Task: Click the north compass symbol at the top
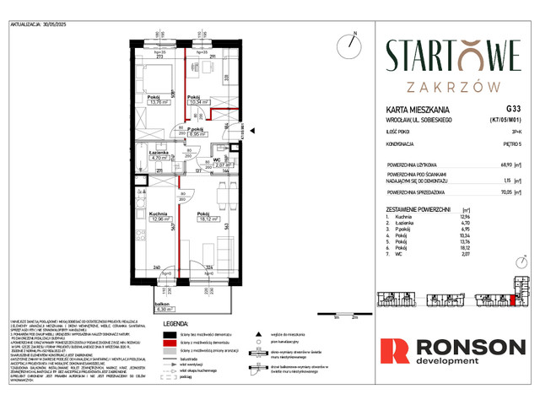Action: pos(347,44)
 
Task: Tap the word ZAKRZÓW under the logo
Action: pos(453,86)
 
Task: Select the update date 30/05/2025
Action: pos(67,24)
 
